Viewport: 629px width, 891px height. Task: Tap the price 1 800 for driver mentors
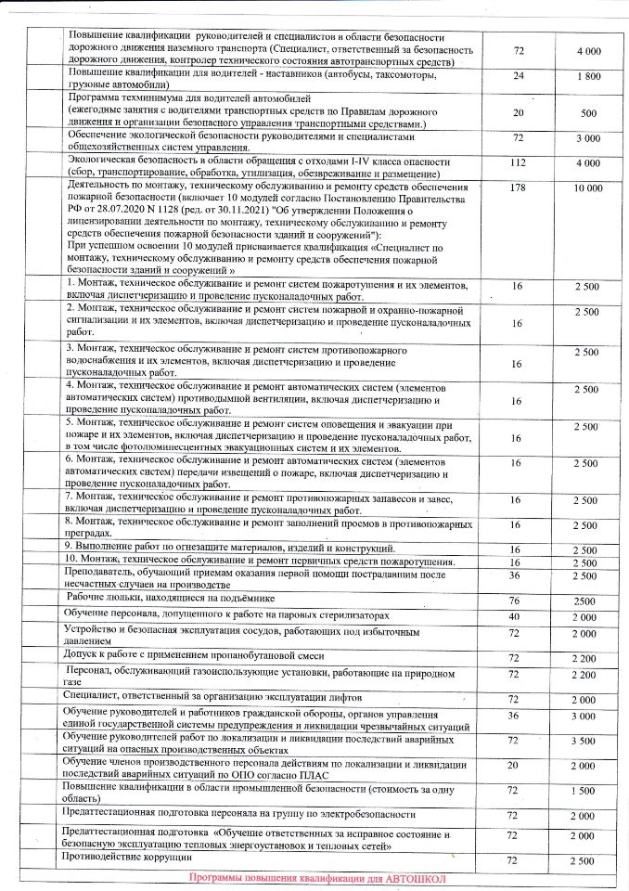588,76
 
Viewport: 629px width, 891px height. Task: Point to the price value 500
588,113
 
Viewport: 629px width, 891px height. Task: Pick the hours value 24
517,76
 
